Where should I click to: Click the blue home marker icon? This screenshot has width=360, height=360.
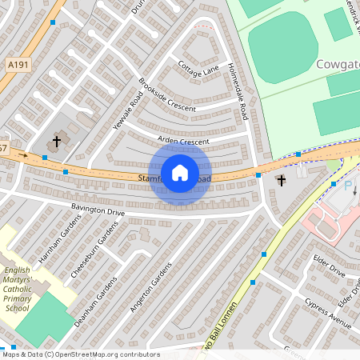(180, 172)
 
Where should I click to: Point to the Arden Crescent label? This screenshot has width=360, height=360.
(183, 141)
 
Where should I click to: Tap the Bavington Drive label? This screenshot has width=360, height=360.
(98, 211)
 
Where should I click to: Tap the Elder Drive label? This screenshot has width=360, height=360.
(328, 266)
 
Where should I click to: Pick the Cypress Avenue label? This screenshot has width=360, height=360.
(328, 314)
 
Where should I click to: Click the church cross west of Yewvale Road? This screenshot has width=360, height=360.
(56, 142)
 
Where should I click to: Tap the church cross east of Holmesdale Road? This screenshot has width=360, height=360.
(280, 181)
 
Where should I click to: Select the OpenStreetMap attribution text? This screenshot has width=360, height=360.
(80, 354)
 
